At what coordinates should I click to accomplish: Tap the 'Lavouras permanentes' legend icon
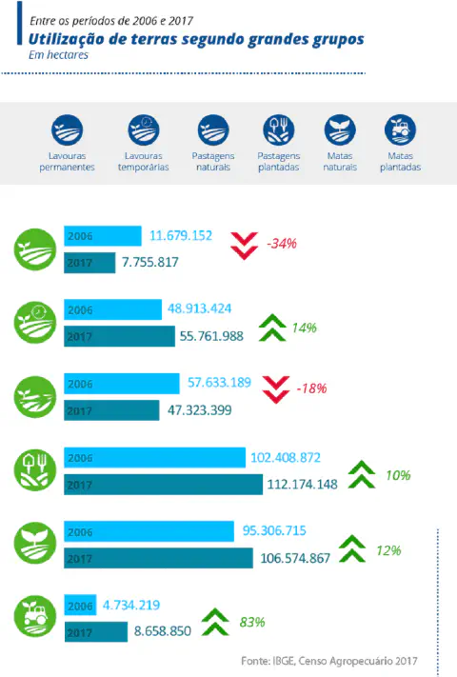(x=67, y=129)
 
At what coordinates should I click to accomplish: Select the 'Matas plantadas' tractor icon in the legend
(x=400, y=129)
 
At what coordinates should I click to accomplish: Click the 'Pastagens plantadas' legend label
(x=279, y=161)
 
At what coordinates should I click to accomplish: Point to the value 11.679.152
(x=181, y=235)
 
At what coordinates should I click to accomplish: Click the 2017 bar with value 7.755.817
(x=89, y=262)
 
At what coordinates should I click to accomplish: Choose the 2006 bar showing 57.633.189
(x=121, y=384)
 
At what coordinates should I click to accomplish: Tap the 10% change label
(x=399, y=474)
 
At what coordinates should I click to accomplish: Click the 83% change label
(x=252, y=622)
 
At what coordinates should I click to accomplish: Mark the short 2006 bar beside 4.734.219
(x=80, y=606)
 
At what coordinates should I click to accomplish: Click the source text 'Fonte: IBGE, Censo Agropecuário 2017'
(x=329, y=660)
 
